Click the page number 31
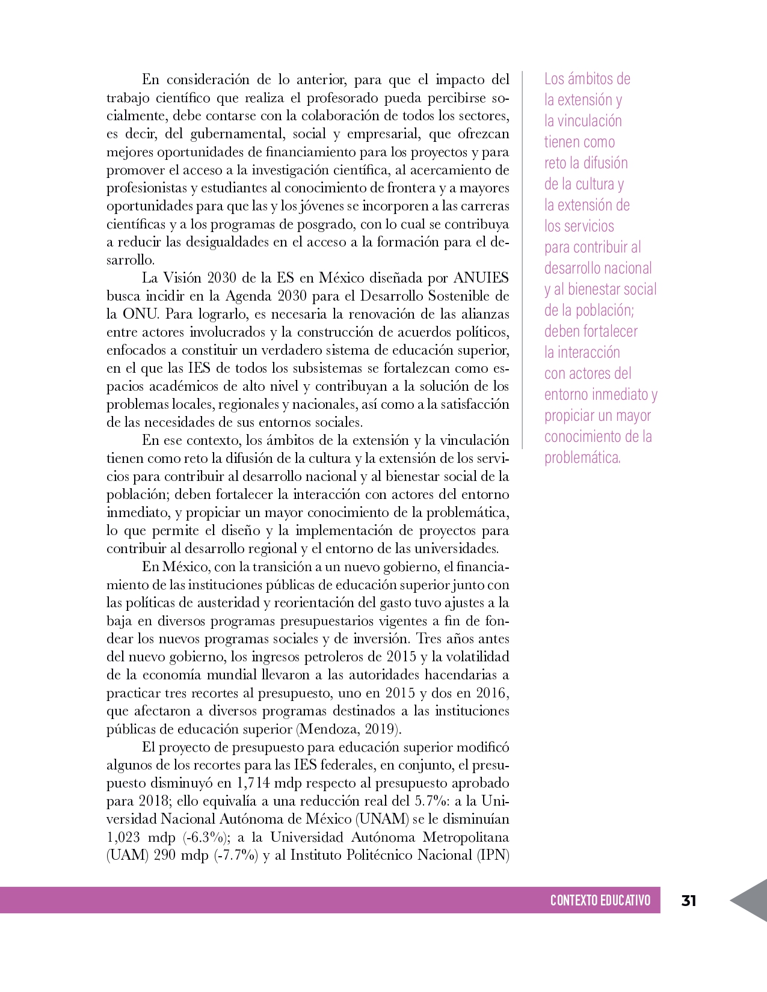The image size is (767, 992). pos(689,901)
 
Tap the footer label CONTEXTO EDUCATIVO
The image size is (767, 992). pos(600,901)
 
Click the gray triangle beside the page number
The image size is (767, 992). pos(751,900)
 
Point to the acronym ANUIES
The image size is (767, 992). pos(481,278)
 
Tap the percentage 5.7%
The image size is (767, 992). pos(431,801)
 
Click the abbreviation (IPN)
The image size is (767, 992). pos(493,856)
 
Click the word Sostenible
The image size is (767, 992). pos(459,296)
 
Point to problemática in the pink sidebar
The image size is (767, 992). pos(582,458)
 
